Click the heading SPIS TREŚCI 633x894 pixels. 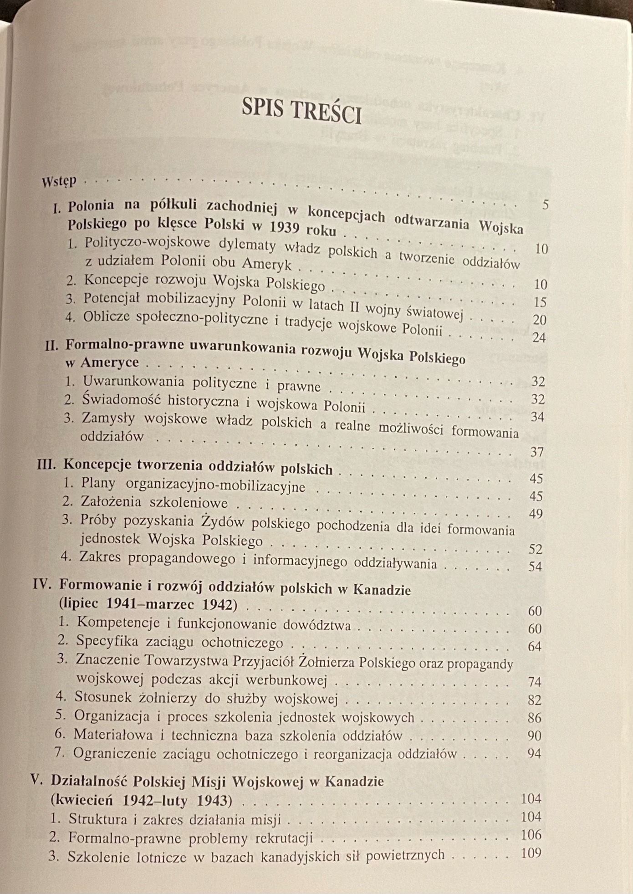[301, 111]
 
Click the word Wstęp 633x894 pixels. [59, 181]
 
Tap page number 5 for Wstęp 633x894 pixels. [545, 205]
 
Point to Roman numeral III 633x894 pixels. [47, 464]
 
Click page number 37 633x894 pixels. [537, 452]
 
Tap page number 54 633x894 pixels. [535, 567]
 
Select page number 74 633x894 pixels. [534, 682]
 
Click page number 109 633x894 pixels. [531, 853]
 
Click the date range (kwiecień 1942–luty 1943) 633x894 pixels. [141, 800]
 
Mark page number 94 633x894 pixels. [534, 754]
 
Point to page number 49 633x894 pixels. [536, 514]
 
